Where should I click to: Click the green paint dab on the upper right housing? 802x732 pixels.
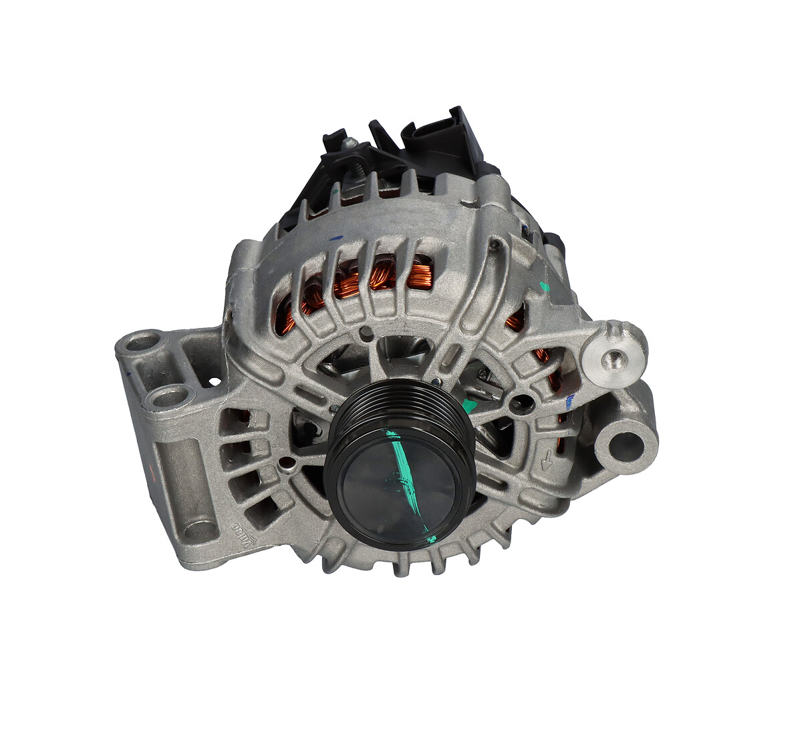click(544, 287)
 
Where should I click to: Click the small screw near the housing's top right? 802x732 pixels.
click(494, 245)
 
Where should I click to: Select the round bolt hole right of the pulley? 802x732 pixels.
click(521, 401)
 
